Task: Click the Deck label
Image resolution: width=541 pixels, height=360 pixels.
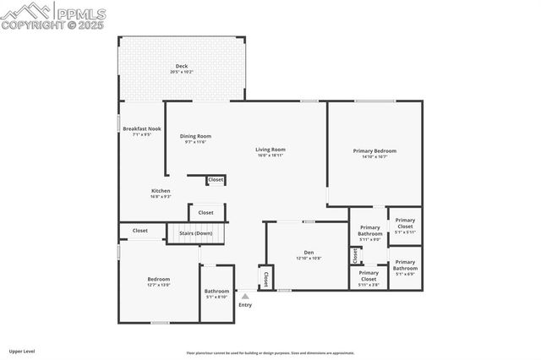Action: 182,68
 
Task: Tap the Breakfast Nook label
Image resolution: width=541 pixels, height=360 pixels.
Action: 141,131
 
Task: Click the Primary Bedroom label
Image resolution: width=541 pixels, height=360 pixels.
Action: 374,153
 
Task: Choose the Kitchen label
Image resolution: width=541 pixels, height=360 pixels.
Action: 161,194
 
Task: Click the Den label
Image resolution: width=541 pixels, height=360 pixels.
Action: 309,254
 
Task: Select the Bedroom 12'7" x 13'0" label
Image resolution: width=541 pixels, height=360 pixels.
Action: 159,281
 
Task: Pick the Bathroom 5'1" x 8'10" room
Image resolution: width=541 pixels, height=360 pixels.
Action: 216,293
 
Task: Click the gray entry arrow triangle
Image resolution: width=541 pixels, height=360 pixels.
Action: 245,297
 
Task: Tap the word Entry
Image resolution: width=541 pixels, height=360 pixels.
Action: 245,305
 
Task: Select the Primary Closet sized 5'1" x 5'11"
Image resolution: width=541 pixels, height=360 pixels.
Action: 405,224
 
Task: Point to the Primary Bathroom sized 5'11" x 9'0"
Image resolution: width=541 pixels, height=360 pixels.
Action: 370,232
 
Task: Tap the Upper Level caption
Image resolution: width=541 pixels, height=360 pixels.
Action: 21,351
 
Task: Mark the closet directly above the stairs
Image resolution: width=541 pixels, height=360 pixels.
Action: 207,211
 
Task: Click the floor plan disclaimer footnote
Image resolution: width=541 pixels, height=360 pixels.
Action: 270,353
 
